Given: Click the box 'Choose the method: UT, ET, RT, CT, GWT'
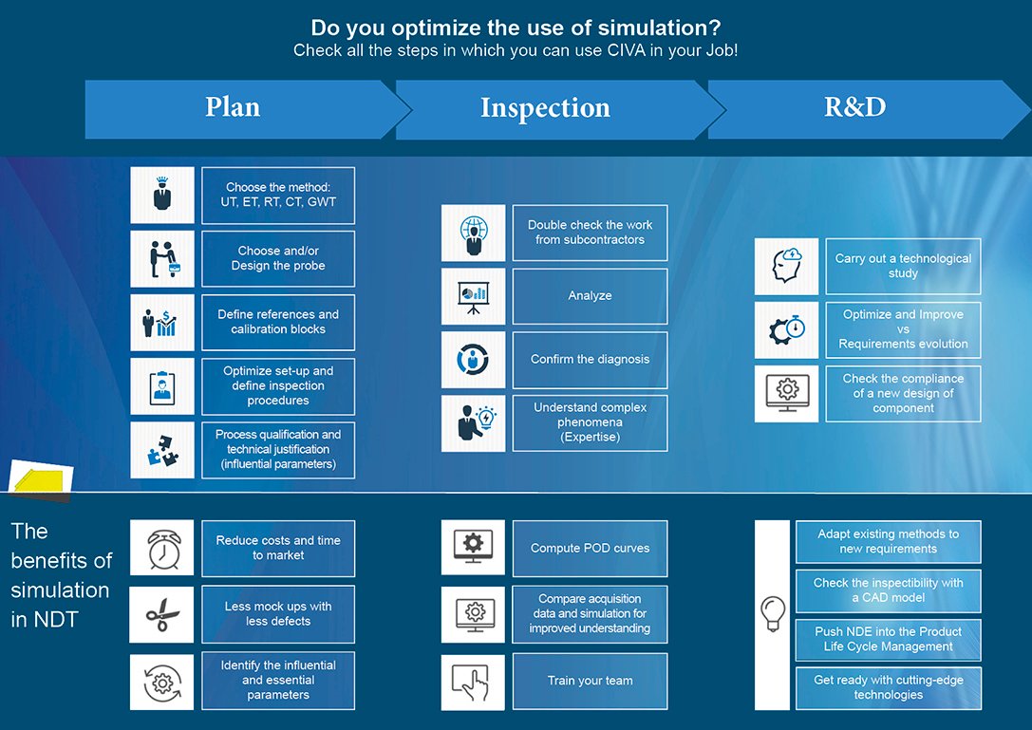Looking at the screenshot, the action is [x=278, y=195].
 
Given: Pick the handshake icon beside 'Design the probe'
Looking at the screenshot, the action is [x=162, y=259].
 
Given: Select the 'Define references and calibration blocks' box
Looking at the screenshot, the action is [x=278, y=322].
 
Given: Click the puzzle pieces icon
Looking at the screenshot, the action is [x=162, y=450].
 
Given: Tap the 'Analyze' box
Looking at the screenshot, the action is [x=590, y=295].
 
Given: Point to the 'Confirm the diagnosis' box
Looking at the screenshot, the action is [x=590, y=360].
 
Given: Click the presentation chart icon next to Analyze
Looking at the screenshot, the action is [x=473, y=296].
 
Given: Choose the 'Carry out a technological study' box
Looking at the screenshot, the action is [x=903, y=266].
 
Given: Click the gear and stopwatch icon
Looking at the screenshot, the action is [x=786, y=329].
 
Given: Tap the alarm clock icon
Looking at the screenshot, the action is [x=162, y=548].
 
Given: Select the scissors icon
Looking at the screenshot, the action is [x=162, y=614].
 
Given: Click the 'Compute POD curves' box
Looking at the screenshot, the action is [x=590, y=549].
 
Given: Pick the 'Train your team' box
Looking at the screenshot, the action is [x=590, y=681].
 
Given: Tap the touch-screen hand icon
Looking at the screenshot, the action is [x=473, y=682].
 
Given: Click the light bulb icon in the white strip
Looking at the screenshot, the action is [x=773, y=613].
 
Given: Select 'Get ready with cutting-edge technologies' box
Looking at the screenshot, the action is [x=889, y=688].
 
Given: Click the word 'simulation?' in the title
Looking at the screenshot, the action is [x=660, y=28].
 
